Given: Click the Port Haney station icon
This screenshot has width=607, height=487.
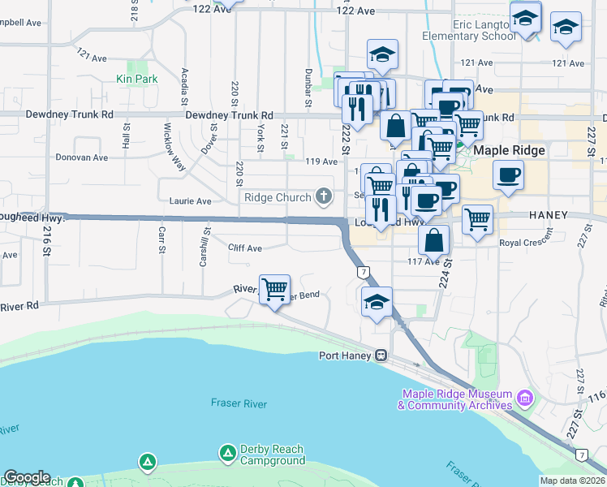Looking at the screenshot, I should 379,356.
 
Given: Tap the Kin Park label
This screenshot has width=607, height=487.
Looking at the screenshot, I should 136,79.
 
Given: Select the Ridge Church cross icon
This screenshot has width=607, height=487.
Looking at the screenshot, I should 324,196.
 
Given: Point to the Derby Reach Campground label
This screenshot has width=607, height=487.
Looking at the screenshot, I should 272,455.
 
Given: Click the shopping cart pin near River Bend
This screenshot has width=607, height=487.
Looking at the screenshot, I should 275,289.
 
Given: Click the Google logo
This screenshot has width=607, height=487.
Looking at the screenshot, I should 27,476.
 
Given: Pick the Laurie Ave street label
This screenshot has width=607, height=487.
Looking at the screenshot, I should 190,200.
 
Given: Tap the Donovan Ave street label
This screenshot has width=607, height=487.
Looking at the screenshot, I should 81,157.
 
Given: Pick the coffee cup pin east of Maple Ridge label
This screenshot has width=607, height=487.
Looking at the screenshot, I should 508,175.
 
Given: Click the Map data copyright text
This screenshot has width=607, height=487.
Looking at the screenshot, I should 573,481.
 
